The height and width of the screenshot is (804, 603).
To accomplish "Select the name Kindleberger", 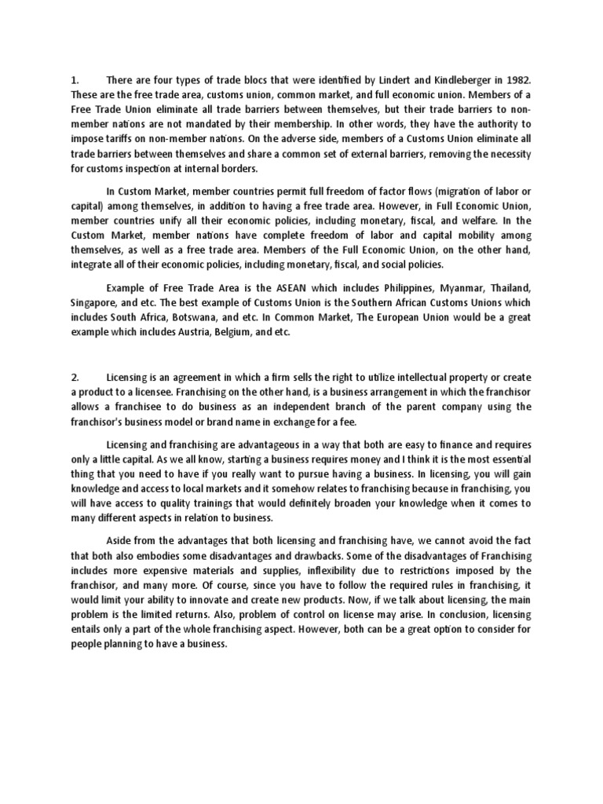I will [458, 79].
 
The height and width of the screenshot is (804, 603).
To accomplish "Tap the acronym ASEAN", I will [274, 287].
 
